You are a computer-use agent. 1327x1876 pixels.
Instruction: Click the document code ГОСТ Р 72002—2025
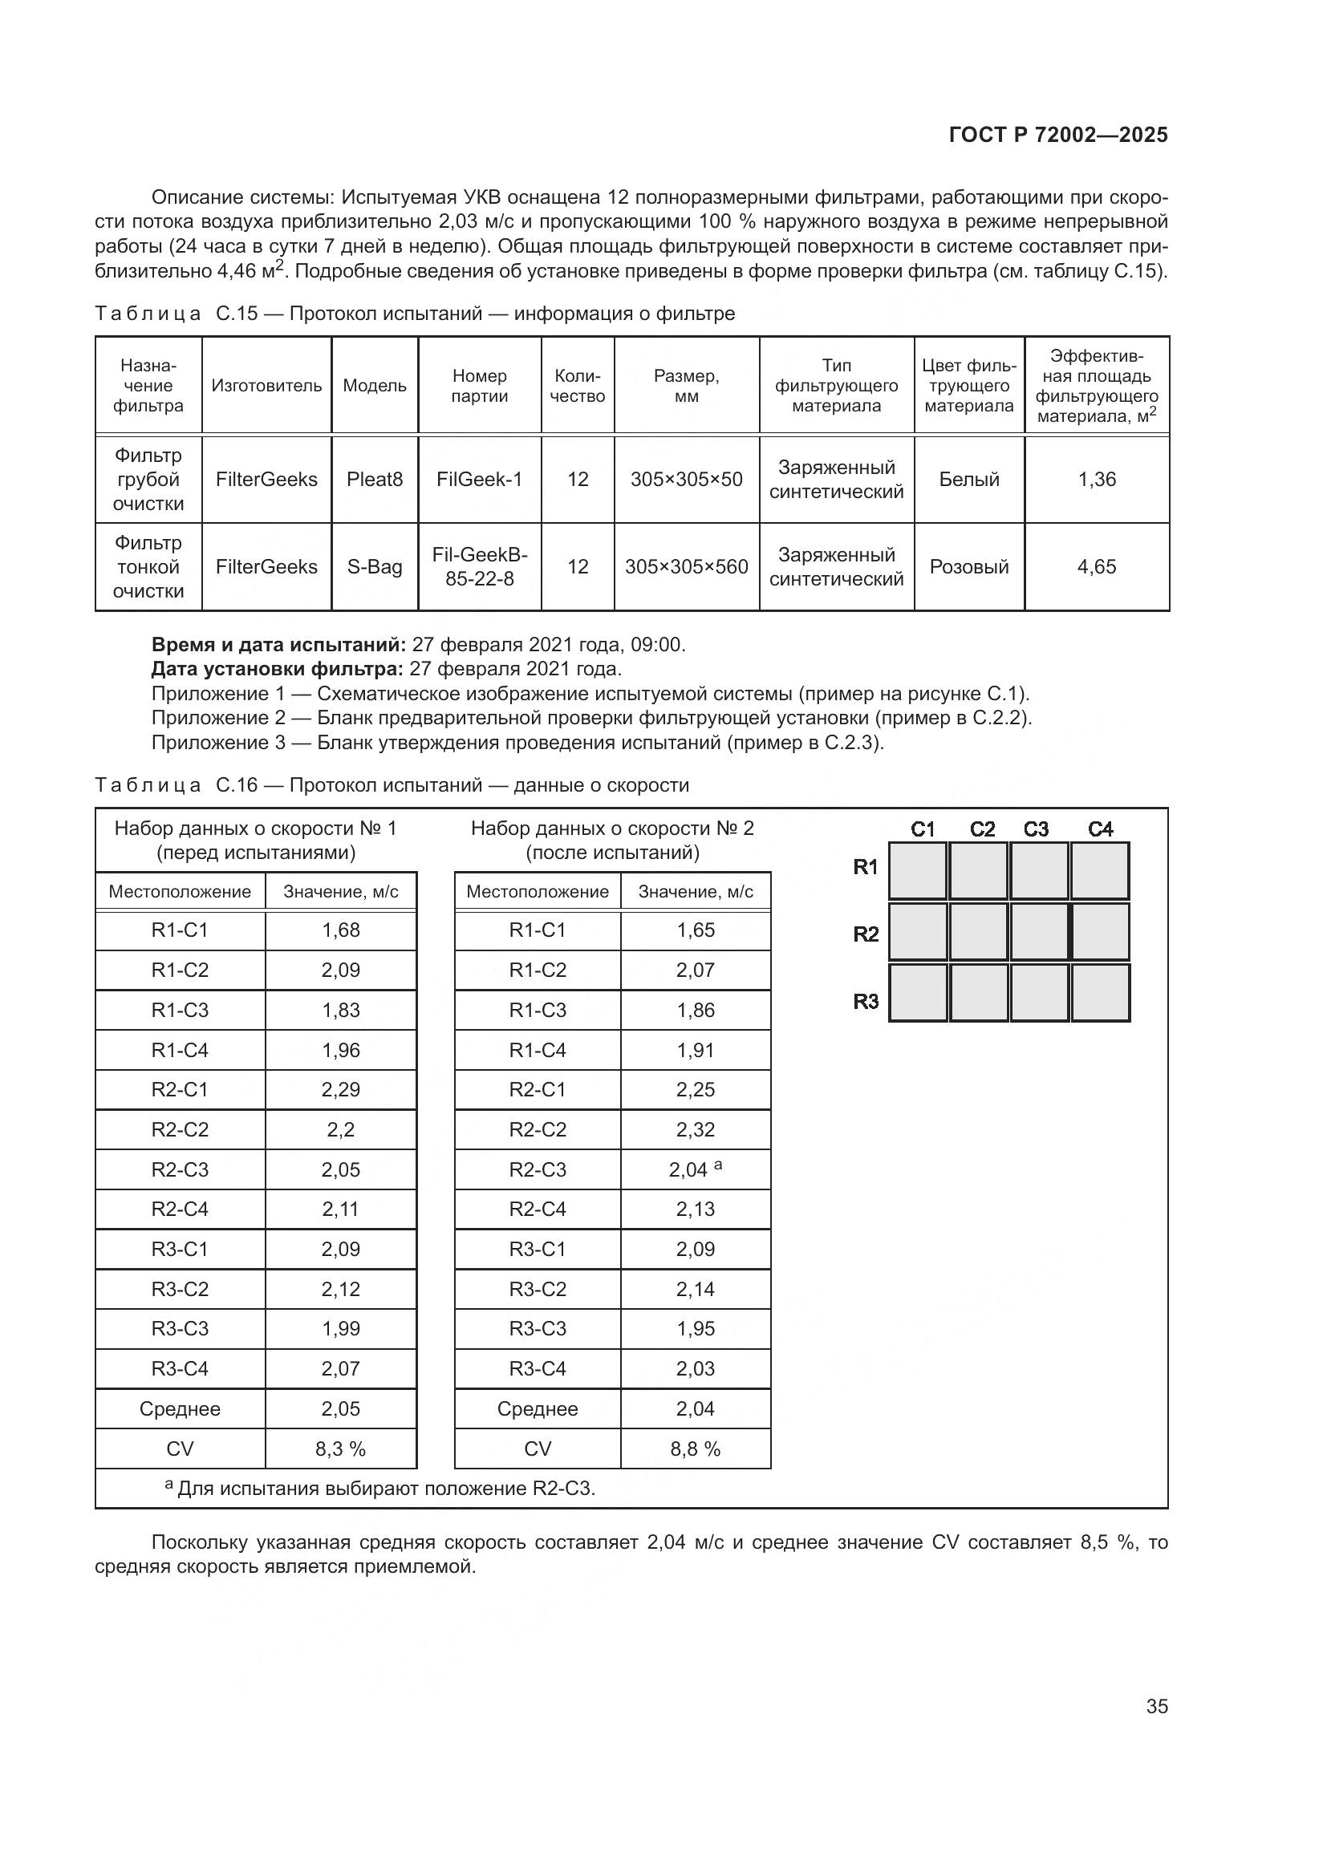tap(1058, 135)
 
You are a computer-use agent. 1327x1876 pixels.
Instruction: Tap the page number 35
tap(1156, 1706)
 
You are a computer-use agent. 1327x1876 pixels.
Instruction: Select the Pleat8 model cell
tap(374, 480)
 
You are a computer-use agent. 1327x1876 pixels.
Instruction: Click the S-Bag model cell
tap(374, 567)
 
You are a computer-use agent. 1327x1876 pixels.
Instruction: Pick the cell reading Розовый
tap(969, 567)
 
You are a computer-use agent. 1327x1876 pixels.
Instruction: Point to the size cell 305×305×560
tap(687, 567)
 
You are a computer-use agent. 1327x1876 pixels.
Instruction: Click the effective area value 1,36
tap(1097, 480)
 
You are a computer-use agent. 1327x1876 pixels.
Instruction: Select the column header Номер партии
tap(480, 386)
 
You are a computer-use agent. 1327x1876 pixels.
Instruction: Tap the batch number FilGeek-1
tap(480, 480)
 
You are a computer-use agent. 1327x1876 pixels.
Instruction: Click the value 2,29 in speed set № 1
tap(341, 1090)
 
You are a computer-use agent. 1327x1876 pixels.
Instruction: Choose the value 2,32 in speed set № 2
tap(696, 1130)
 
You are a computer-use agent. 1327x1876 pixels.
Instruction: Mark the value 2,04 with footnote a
tap(695, 1169)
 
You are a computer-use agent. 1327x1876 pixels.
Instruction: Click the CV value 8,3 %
tap(341, 1449)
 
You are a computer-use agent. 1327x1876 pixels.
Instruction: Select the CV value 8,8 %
tap(696, 1449)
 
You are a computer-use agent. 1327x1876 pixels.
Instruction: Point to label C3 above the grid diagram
tap(1036, 829)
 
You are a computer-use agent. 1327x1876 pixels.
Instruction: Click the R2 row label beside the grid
tap(866, 934)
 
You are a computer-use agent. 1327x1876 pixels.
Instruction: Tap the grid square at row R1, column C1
tap(918, 871)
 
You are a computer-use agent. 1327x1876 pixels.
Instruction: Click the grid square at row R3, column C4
tap(1100, 993)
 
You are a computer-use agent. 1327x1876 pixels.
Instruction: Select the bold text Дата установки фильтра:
tap(277, 669)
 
